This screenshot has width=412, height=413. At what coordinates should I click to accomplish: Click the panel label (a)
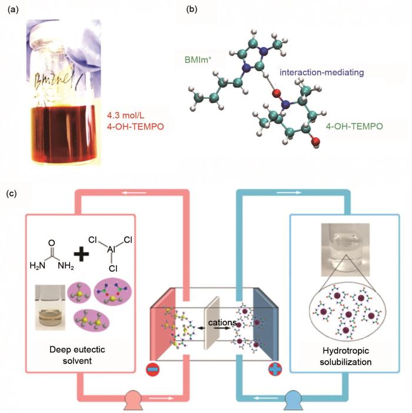pos(14,9)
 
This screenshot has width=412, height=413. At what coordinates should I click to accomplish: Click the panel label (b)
pos(190,9)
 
